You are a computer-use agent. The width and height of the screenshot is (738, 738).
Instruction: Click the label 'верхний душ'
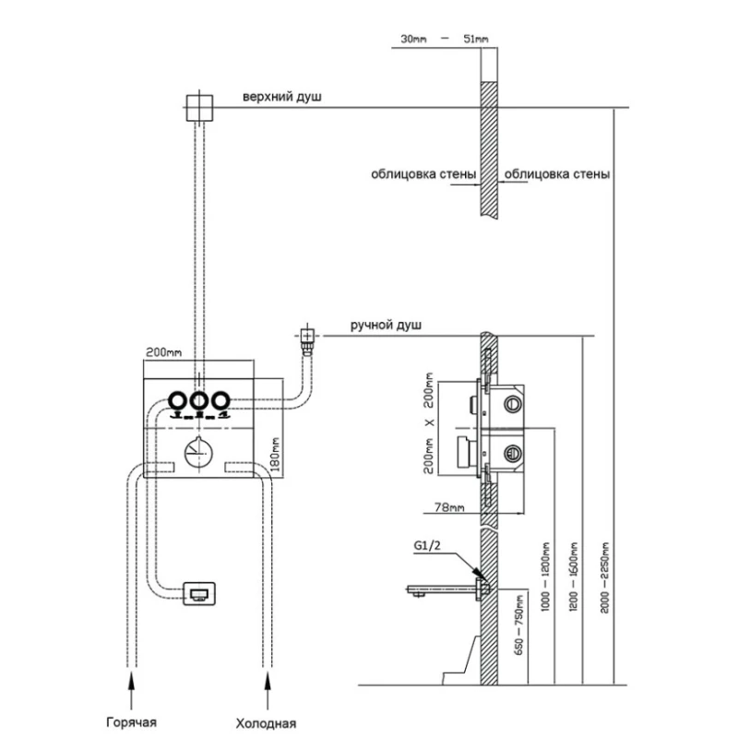[x=282, y=97]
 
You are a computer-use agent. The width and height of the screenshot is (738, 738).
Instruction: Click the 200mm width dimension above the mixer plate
[x=163, y=352]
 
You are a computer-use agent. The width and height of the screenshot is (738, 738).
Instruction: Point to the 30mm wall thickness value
[x=415, y=38]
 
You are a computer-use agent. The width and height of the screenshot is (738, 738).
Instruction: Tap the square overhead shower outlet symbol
[x=199, y=108]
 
